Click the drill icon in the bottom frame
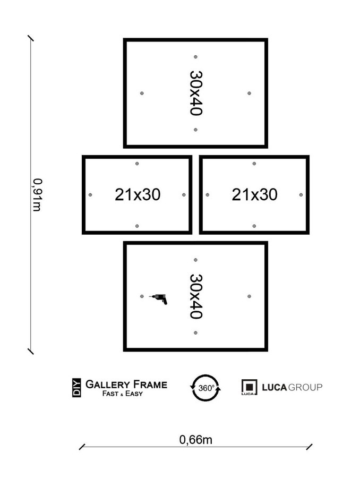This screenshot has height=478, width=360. coord(159,298)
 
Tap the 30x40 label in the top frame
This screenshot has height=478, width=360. coord(195,93)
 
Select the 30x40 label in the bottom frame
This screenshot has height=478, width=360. coord(195,296)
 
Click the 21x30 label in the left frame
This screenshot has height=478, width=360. coord(138,195)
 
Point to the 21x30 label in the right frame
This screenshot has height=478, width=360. coord(254,195)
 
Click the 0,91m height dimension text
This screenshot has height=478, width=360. coord(37,194)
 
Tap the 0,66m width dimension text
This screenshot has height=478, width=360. coord(195,439)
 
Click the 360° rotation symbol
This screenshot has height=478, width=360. coord(206,388)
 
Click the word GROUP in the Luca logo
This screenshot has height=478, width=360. coord(305,387)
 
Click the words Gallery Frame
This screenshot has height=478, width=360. coord(126,384)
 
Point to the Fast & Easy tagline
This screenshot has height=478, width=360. coord(123,394)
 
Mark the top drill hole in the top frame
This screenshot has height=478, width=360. coord(195,57)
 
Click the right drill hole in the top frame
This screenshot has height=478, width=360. coord(249,93)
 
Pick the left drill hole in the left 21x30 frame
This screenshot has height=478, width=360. coord(90,195)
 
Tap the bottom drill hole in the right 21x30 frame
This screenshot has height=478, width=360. coord(254,226)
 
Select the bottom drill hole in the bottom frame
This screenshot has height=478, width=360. coord(195,332)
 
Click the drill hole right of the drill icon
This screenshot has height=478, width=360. coord(249,296)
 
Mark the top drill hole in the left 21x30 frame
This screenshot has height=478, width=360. coord(137,164)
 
